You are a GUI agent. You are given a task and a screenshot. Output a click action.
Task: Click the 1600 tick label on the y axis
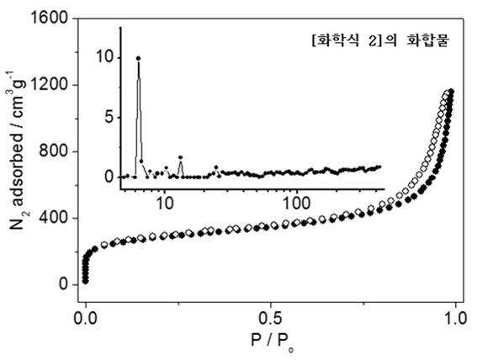[49, 19]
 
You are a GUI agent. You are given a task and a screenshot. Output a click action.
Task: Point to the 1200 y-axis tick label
[49, 84]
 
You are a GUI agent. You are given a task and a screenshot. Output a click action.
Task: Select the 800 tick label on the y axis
[53, 151]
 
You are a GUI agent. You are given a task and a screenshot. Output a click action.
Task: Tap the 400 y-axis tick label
[53, 218]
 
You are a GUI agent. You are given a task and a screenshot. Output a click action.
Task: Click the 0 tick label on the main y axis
[63, 284]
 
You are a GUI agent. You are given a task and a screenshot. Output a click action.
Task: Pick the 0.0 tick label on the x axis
[86, 318]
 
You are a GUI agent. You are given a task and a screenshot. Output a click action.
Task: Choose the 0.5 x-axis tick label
[270, 318]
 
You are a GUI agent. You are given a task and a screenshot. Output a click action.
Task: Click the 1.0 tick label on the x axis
[455, 318]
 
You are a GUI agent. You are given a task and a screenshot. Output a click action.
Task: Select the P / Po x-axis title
[273, 341]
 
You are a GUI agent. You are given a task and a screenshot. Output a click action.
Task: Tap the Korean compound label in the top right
[380, 40]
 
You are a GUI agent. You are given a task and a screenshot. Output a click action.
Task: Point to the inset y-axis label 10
[105, 57]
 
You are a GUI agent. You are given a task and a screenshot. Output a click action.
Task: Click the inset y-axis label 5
[109, 117]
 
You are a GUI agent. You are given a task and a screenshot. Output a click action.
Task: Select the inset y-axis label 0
[109, 177]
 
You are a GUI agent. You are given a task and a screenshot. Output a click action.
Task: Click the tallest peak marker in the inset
[139, 58]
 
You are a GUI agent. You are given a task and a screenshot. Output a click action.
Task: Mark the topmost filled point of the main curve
[452, 91]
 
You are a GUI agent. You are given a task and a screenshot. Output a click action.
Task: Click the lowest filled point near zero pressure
[86, 282]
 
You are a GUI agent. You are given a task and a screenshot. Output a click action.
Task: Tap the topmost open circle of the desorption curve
[447, 93]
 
